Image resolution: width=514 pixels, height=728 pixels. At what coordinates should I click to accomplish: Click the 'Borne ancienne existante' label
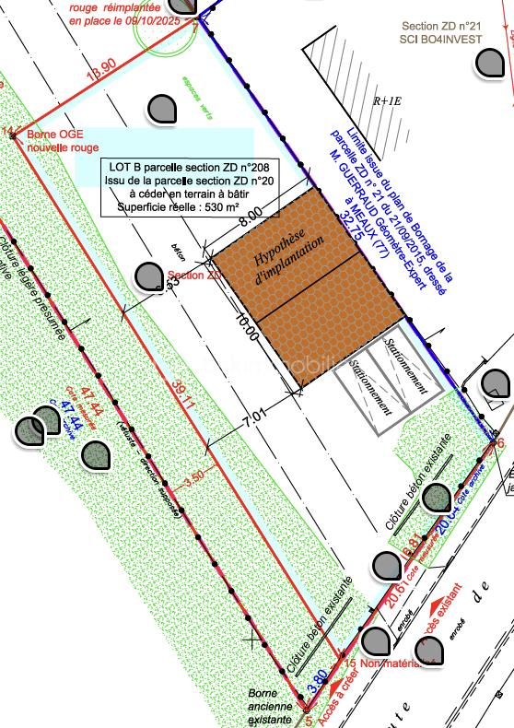(x=272, y=705)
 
